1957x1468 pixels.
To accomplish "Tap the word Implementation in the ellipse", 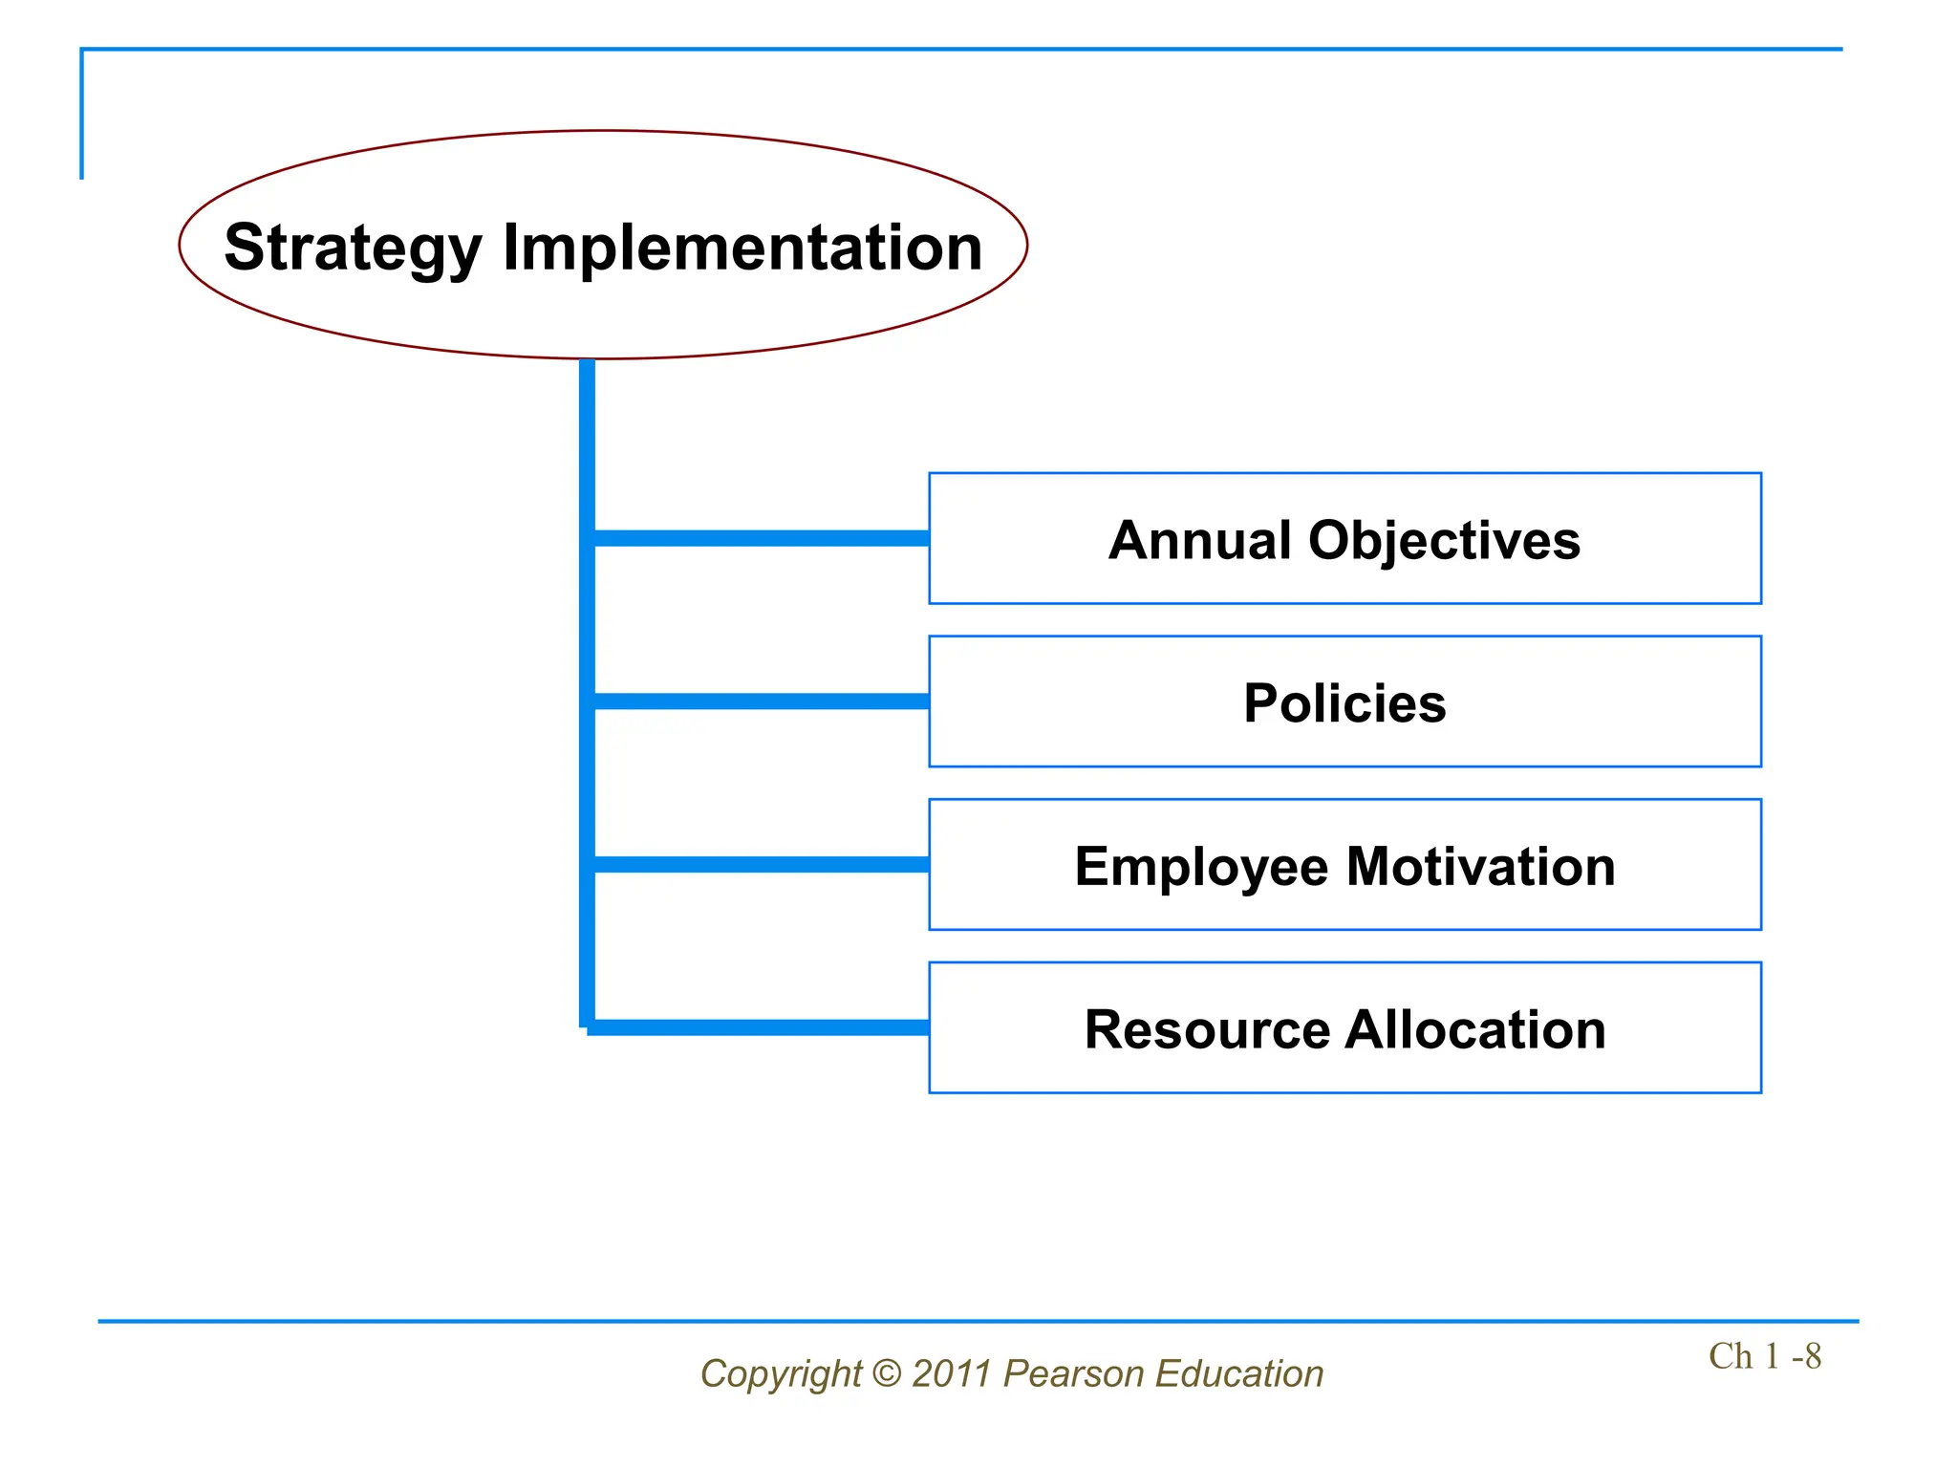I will (742, 247).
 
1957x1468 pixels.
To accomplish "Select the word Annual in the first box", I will (1200, 540).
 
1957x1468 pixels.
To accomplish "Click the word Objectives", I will (1444, 540).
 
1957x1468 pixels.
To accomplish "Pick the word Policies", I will (1344, 703).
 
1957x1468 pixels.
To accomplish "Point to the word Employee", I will (1201, 867).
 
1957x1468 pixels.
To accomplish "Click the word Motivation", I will (1480, 866).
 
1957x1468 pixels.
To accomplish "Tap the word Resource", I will (1207, 1029).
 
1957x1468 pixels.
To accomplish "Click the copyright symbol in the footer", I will (887, 1373).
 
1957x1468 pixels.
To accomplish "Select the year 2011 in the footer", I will (951, 1373).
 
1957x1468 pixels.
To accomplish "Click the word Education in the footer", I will (1238, 1373).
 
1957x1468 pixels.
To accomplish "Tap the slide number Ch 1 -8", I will (1764, 1356).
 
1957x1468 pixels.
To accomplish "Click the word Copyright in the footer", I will (781, 1374).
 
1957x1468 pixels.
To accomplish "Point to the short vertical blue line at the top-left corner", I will (82, 115).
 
